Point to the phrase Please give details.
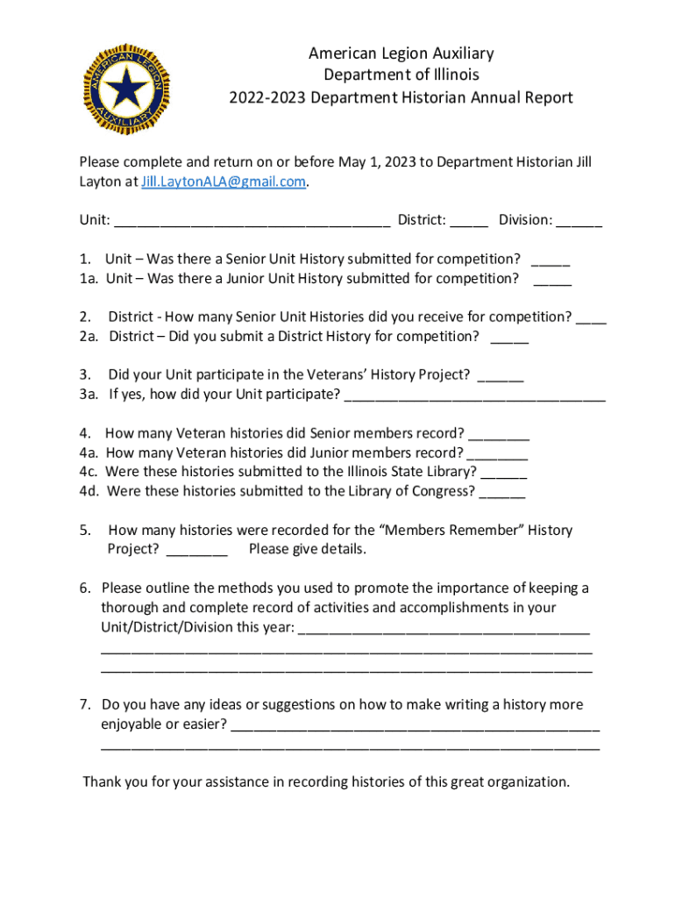tap(307, 550)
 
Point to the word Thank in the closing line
tap(102, 782)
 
